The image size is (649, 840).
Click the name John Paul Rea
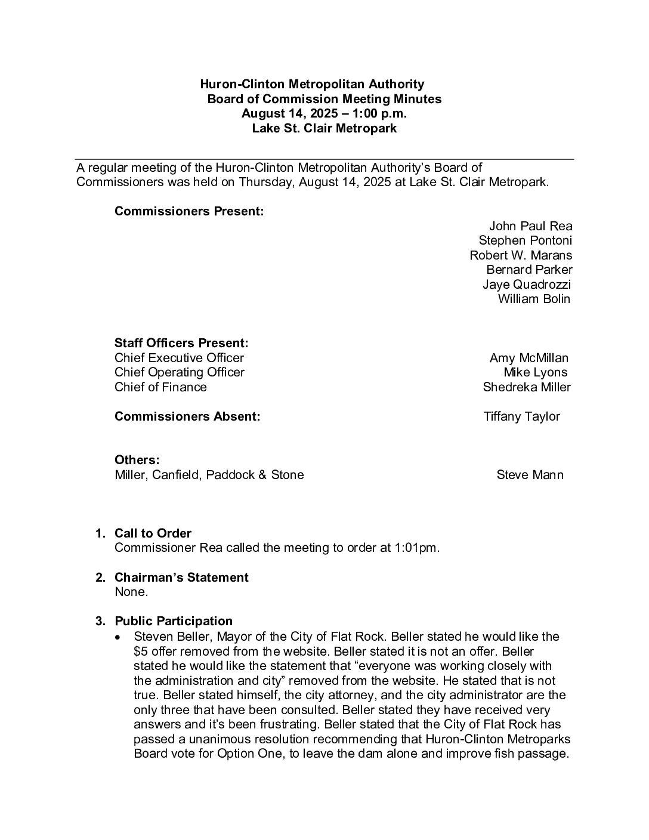tap(530, 226)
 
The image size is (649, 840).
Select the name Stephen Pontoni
tap(525, 240)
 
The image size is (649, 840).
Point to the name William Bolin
tap(534, 299)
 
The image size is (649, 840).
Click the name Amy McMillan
tap(529, 358)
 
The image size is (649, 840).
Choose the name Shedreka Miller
tap(526, 387)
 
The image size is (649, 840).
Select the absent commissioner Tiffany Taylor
tap(521, 416)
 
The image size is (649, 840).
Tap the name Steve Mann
tap(530, 475)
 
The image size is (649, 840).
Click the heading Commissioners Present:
tap(189, 212)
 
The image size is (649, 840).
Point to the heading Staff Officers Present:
tap(181, 344)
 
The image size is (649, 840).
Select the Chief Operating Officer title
tap(179, 372)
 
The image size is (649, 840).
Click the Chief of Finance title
tap(160, 387)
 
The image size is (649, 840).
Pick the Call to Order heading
tap(153, 533)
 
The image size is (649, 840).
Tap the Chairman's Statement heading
tap(181, 577)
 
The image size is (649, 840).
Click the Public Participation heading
tap(173, 622)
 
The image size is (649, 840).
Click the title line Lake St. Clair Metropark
tap(324, 128)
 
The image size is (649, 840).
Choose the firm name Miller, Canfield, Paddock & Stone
tap(209, 475)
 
